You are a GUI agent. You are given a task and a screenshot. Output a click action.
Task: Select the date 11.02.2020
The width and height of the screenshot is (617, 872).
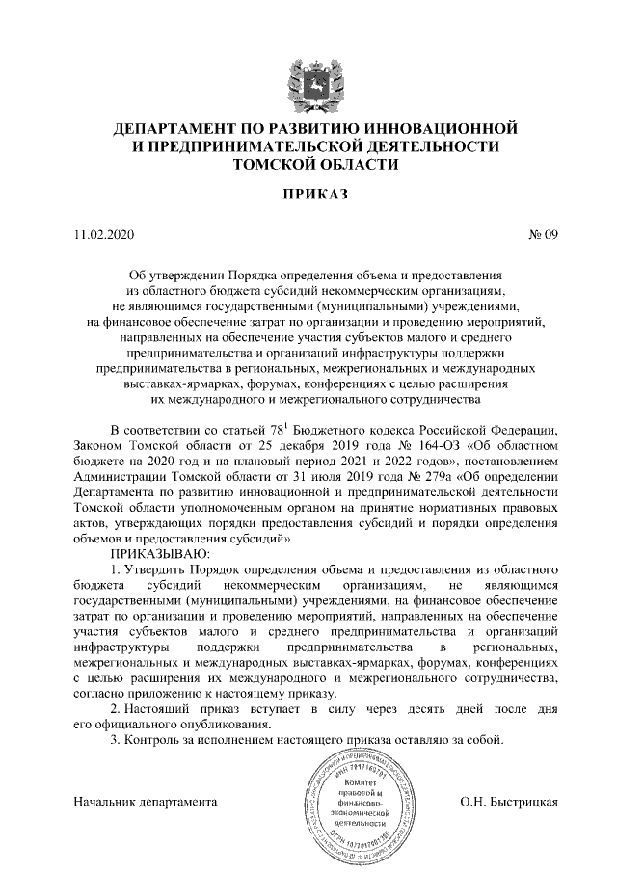coord(107,234)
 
